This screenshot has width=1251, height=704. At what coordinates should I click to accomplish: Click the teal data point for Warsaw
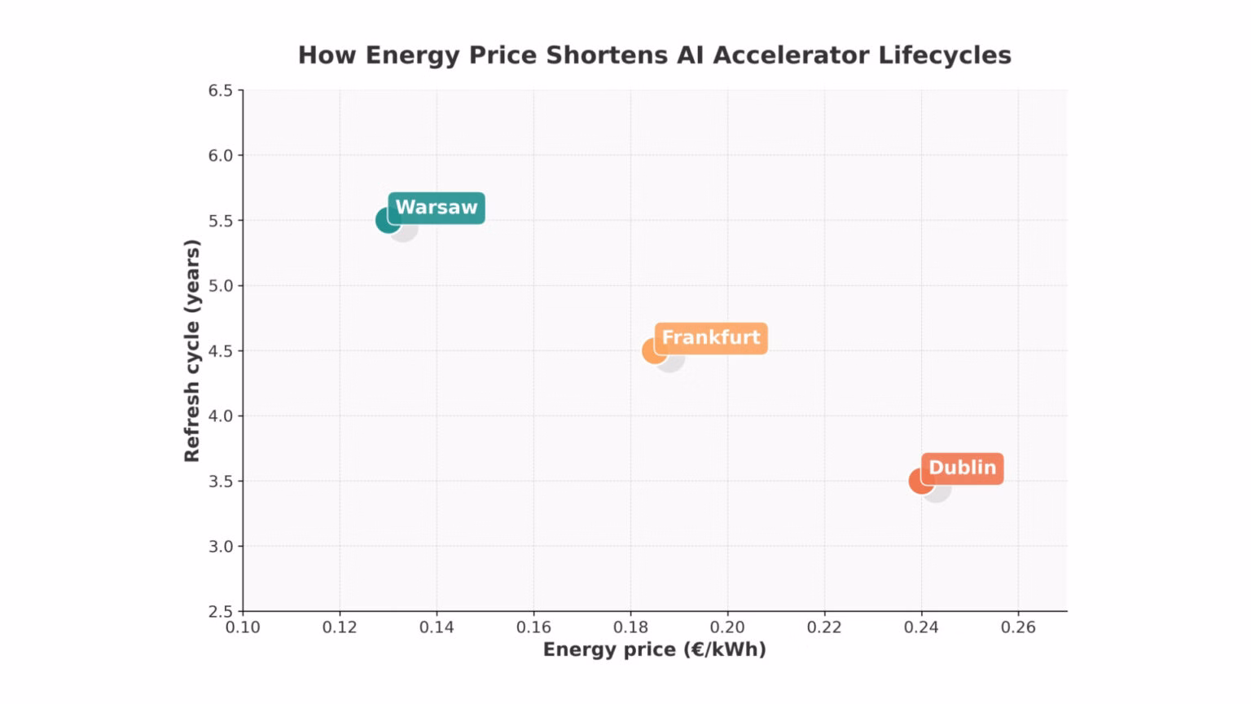click(387, 220)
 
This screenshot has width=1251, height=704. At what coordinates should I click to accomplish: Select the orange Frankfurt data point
click(653, 351)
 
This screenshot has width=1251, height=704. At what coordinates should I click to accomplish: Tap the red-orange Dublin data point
click(920, 481)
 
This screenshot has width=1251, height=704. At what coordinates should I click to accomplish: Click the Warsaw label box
click(437, 208)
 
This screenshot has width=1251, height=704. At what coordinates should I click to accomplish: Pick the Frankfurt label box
click(710, 337)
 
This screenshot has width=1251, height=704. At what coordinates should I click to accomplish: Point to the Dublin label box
click(962, 468)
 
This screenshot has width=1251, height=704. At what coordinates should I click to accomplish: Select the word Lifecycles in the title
click(944, 55)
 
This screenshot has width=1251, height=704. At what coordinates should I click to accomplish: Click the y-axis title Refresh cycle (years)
click(192, 350)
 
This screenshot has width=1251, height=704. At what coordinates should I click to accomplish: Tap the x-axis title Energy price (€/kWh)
click(654, 649)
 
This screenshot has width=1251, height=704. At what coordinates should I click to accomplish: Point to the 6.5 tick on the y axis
click(220, 90)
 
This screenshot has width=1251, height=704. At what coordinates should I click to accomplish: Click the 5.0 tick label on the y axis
click(220, 286)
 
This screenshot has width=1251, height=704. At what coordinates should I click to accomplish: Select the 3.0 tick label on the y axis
click(220, 547)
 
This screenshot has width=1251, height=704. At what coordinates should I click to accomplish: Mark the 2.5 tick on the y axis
click(220, 611)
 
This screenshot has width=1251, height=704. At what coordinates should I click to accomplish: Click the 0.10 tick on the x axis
click(243, 627)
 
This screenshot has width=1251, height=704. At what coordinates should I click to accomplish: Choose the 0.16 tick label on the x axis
click(533, 627)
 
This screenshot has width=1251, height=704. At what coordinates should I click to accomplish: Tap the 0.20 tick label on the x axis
click(727, 627)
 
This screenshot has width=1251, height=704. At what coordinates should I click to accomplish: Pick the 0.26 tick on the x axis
click(1018, 627)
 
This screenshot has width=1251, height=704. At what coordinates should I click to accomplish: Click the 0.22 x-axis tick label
click(824, 627)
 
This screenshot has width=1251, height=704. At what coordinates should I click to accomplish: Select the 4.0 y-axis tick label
click(220, 416)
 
